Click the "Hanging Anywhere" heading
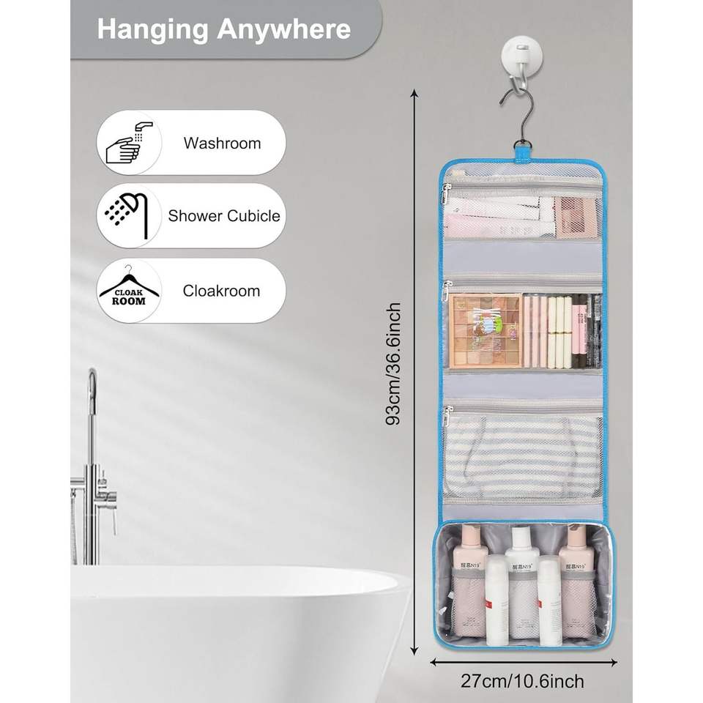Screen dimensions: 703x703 click(x=223, y=30)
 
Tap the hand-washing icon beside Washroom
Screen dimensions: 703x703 click(x=130, y=143)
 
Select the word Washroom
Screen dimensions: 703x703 click(x=222, y=143)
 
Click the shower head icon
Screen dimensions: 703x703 click(x=130, y=215)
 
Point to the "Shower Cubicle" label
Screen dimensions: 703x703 click(x=223, y=216)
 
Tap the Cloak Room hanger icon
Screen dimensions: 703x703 click(x=129, y=290)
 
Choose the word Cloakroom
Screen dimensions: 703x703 click(x=221, y=291)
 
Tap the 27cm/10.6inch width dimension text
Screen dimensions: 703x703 click(x=522, y=682)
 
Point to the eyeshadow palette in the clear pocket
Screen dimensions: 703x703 click(x=485, y=331)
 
